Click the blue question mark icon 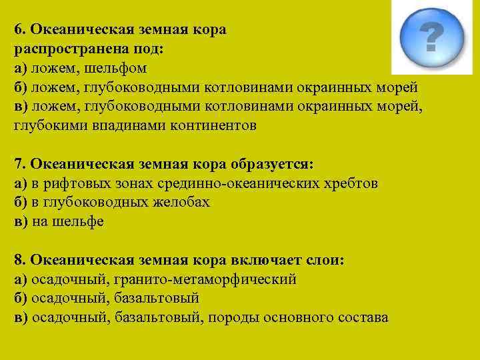(431, 38)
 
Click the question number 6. (18, 29)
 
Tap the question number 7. (18, 164)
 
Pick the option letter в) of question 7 (20, 222)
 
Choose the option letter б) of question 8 (20, 299)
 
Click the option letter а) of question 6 (20, 69)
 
